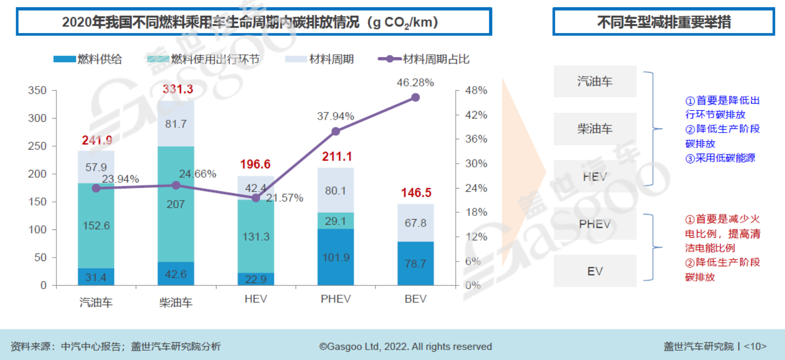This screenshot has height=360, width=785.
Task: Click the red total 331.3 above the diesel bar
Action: pyautogui.click(x=178, y=89)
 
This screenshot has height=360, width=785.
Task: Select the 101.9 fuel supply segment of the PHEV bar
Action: pyautogui.click(x=336, y=257)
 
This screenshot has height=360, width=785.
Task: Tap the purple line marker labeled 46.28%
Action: pyautogui.click(x=415, y=97)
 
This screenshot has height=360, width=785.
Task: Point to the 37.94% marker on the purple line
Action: pyautogui.click(x=336, y=131)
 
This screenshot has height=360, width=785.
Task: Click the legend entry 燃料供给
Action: pyautogui.click(x=88, y=59)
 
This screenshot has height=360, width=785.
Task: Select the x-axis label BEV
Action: pyautogui.click(x=415, y=299)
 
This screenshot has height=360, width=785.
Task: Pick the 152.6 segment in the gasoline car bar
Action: pyautogui.click(x=96, y=226)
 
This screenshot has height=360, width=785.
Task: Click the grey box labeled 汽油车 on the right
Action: pyautogui.click(x=594, y=81)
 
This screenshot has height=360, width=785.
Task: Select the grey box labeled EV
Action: pyautogui.click(x=594, y=271)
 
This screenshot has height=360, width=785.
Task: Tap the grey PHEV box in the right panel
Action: pyautogui.click(x=594, y=224)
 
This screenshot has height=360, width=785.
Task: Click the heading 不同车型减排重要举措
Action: pyautogui.click(x=664, y=22)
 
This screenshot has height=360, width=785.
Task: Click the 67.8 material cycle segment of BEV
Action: pyautogui.click(x=415, y=223)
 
